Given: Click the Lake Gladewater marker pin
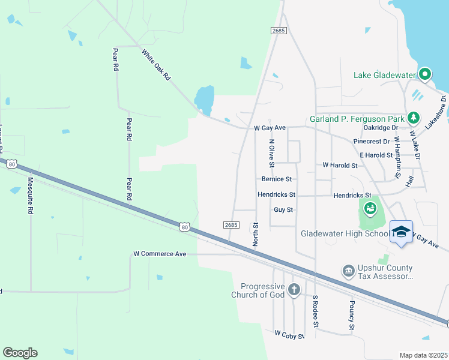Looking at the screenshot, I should tap(425, 74).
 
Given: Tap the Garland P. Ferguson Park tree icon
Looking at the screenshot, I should tap(412, 118).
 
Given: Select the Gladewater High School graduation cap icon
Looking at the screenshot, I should tap(401, 232).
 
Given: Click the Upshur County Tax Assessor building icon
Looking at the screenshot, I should tap(348, 271).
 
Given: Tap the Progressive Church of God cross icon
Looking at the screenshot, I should tap(294, 290).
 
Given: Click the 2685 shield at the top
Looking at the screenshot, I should tap(278, 30).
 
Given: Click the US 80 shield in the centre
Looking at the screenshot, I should tap(185, 226).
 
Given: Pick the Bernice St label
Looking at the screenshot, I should tap(276, 179).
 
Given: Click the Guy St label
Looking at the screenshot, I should tap(283, 210).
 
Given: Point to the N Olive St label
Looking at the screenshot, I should tap(272, 153).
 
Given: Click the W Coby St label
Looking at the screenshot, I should tap(289, 333).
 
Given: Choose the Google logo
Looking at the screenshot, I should tap(20, 353).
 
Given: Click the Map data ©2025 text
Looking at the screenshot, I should tap(423, 355).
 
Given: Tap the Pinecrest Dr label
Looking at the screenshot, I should tap(372, 142).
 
